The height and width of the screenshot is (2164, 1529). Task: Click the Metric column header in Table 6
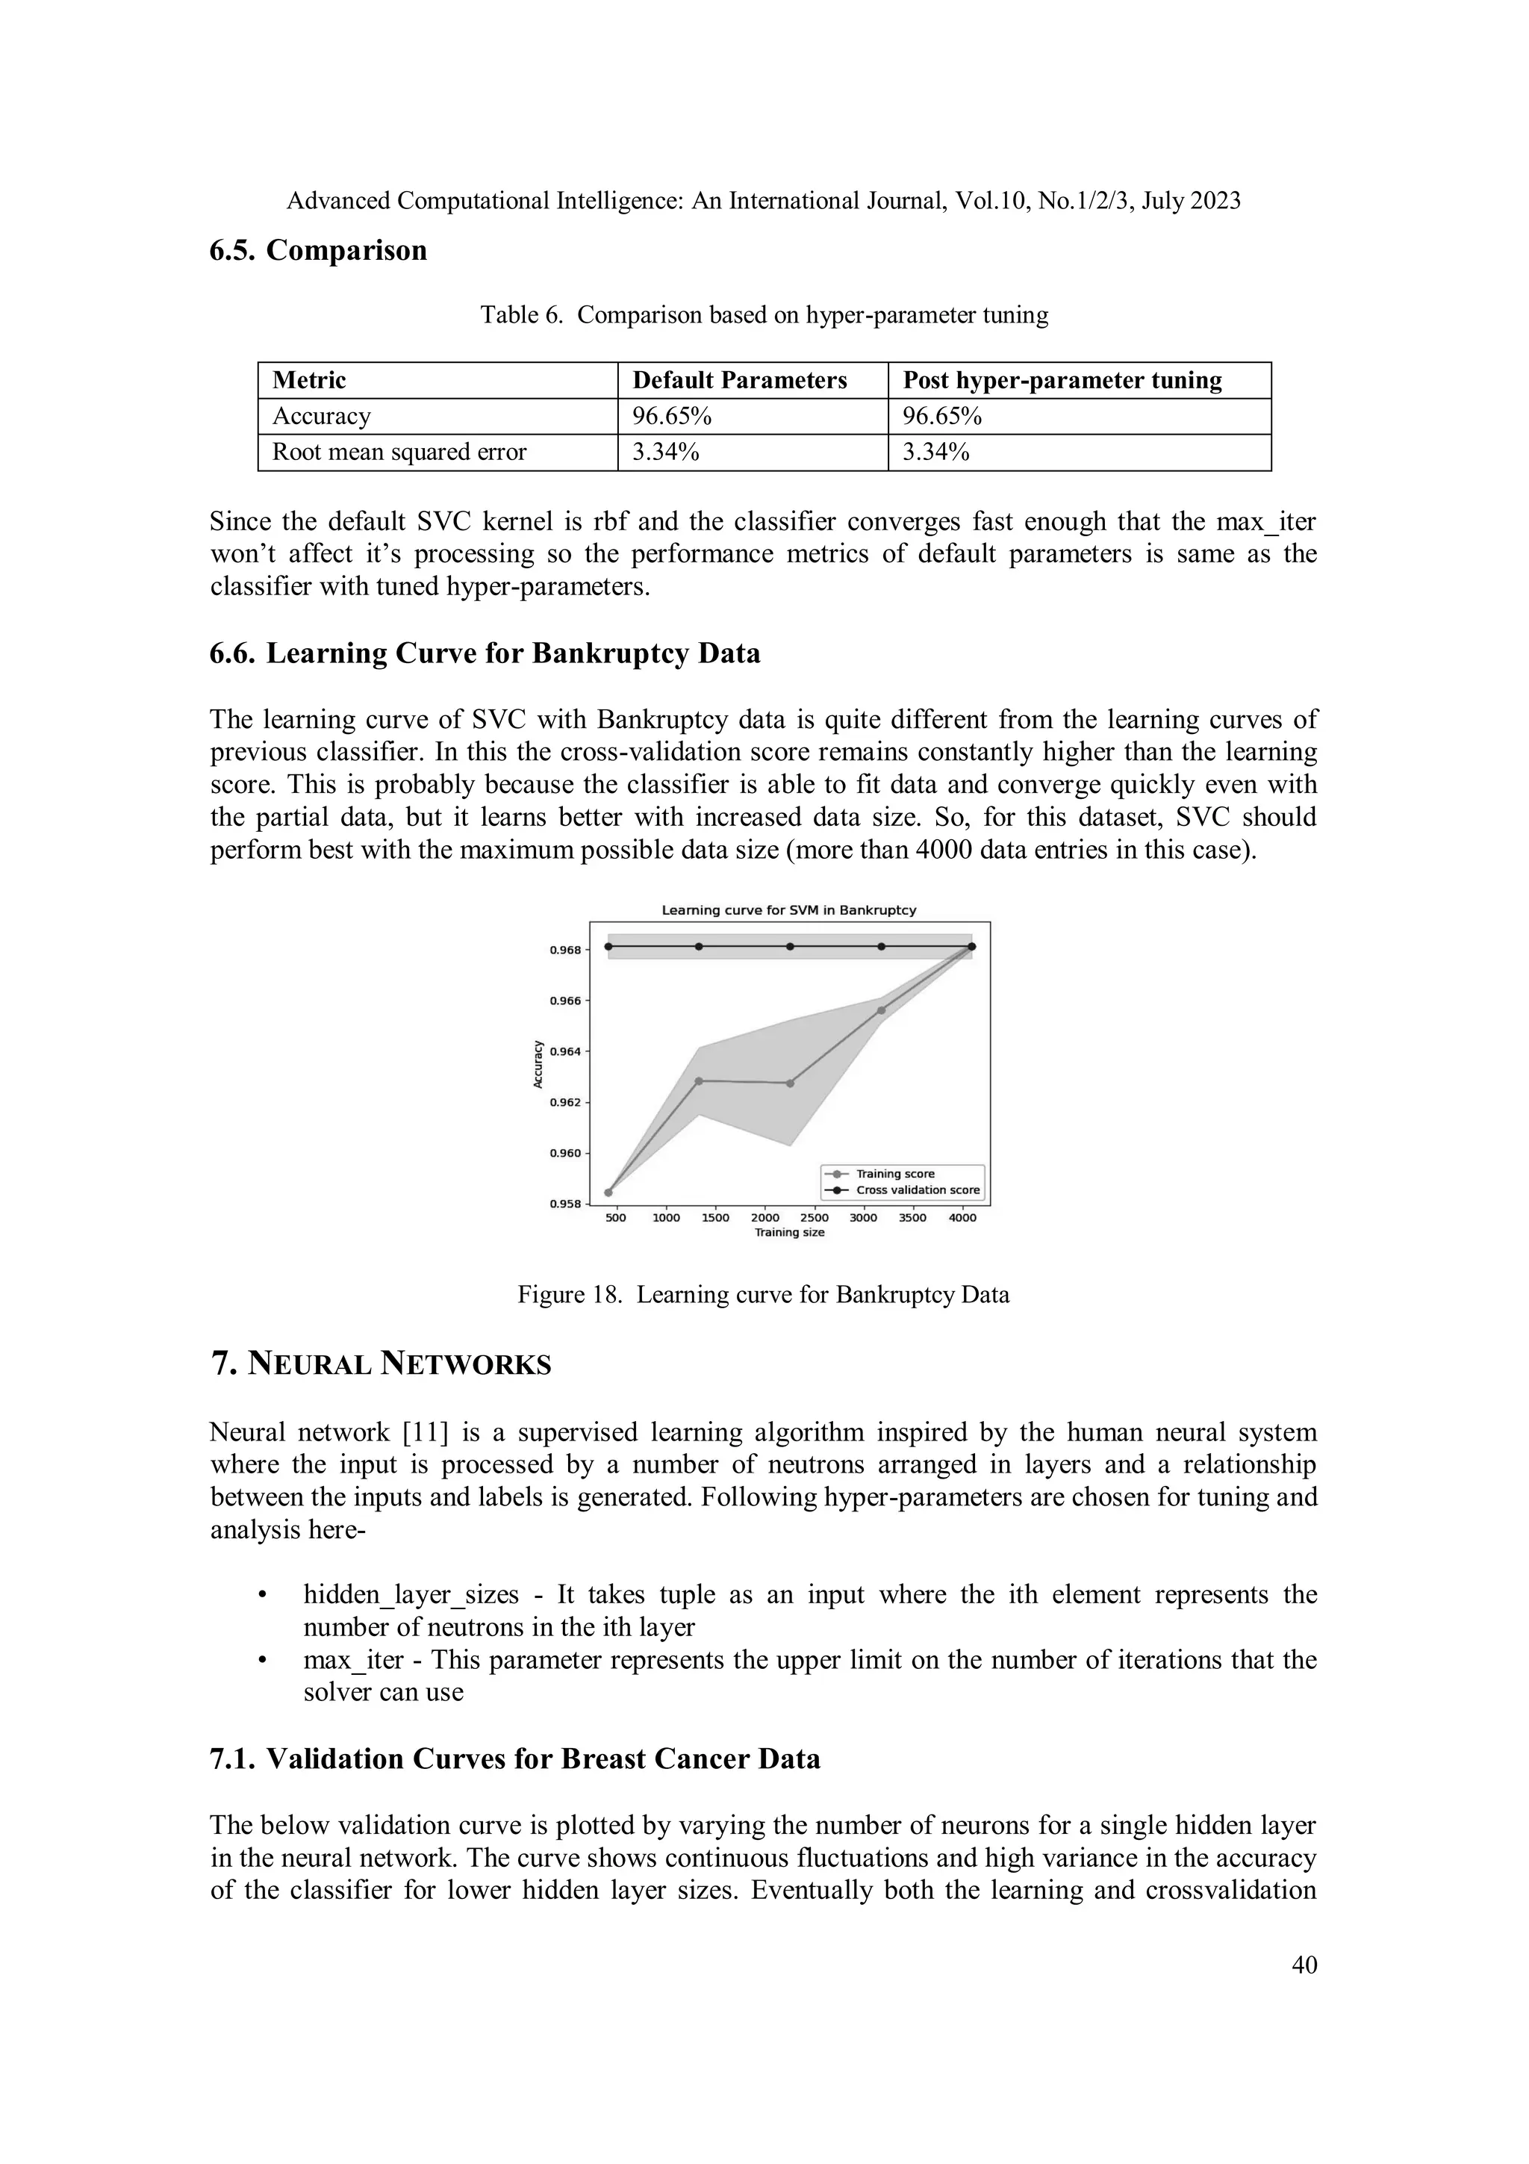point(309,380)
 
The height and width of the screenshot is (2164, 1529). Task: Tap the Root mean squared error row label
point(399,452)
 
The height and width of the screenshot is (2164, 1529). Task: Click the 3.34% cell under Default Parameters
point(665,452)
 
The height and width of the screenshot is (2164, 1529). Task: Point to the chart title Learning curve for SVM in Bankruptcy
point(788,910)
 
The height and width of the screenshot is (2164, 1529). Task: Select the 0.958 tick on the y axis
point(564,1204)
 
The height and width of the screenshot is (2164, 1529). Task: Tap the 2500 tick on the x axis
point(814,1218)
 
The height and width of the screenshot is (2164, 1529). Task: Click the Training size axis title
point(788,1233)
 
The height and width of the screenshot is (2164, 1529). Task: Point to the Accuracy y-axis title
point(538,1064)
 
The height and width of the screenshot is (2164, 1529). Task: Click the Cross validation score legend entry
point(917,1190)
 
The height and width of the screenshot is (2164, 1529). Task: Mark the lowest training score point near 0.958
point(608,1193)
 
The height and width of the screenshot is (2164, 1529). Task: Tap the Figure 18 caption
point(763,1294)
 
